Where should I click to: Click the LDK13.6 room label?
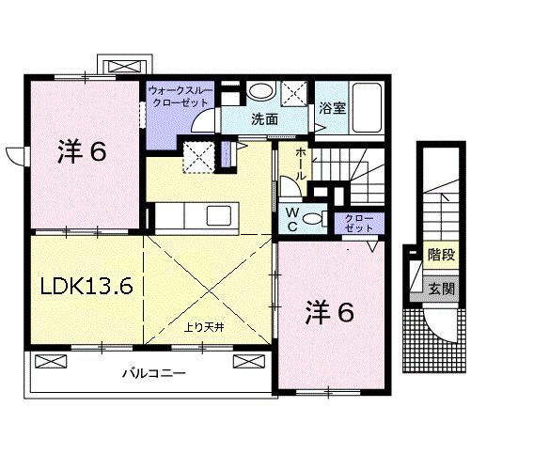[86, 285]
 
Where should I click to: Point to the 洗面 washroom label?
[264, 119]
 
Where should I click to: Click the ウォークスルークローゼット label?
[180, 97]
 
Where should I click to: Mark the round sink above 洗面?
[262, 92]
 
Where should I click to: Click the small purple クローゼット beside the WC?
[354, 223]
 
